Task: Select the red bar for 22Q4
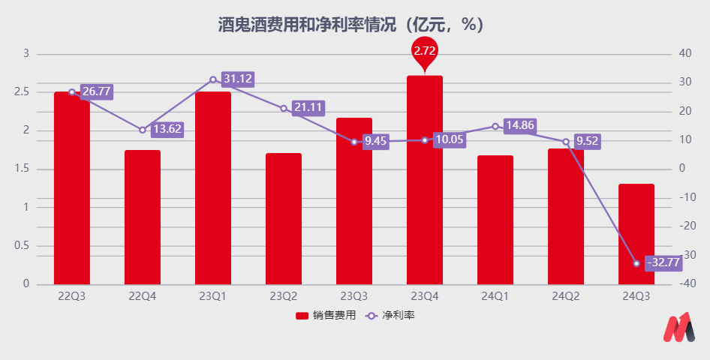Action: [143, 217]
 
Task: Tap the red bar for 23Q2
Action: [284, 219]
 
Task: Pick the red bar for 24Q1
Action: [495, 220]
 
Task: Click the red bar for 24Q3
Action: [636, 234]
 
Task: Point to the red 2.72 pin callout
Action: [425, 52]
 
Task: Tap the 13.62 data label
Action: [167, 129]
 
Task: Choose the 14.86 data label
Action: [519, 125]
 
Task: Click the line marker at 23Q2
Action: [284, 108]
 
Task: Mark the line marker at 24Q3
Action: [636, 263]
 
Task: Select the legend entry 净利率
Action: [391, 316]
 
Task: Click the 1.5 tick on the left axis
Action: [23, 169]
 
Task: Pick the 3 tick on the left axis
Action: [26, 54]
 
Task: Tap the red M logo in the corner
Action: [679, 328]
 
